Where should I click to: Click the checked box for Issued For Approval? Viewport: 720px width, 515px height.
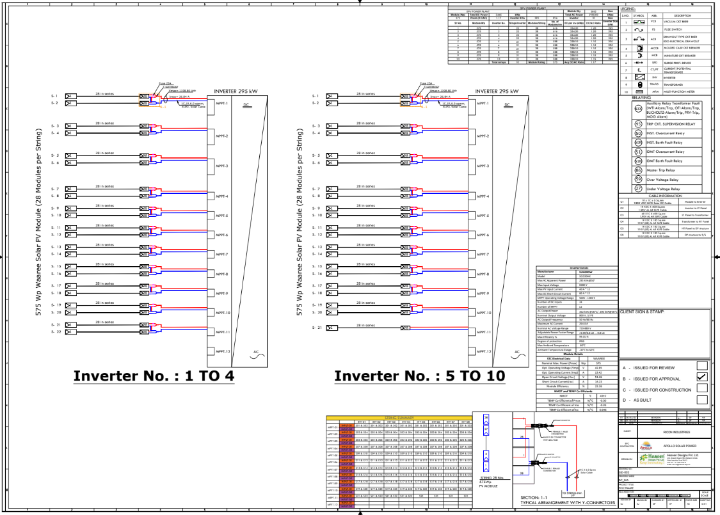pyautogui.click(x=701, y=377)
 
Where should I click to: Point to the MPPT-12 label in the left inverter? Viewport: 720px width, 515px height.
pyautogui.click(x=222, y=352)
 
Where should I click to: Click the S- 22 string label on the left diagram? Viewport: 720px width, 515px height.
pyautogui.click(x=55, y=333)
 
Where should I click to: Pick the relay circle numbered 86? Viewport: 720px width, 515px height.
pyautogui.click(x=637, y=171)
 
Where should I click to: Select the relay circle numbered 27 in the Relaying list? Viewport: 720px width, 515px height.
pyautogui.click(x=637, y=189)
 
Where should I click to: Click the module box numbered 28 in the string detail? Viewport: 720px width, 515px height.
pyautogui.click(x=486, y=417)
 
